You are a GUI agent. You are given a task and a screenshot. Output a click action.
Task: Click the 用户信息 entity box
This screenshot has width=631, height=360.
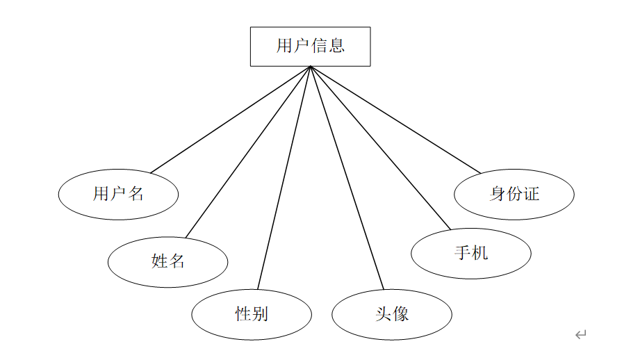(x=310, y=47)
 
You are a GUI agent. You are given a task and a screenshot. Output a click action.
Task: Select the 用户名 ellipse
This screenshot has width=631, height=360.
(x=118, y=195)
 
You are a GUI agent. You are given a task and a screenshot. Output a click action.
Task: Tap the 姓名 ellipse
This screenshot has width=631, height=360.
(x=167, y=262)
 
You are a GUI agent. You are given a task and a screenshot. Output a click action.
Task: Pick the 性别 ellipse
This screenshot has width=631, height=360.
(x=252, y=315)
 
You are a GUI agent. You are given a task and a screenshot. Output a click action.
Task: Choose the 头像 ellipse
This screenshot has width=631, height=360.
(x=392, y=315)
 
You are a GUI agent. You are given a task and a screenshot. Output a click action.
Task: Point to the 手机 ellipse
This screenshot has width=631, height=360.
(x=471, y=254)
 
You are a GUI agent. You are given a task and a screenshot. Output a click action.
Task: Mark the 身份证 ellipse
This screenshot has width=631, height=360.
(x=514, y=195)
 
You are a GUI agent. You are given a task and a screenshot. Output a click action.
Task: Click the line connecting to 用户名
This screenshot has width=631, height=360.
(x=231, y=120)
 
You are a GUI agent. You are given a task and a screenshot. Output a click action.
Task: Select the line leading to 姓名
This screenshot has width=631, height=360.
(x=248, y=152)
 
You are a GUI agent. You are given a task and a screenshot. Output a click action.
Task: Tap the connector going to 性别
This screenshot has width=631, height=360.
(x=284, y=178)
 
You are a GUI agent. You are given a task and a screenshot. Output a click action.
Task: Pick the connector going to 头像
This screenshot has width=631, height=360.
(x=347, y=178)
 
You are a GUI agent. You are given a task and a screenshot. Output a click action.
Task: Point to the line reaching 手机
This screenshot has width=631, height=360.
(x=380, y=148)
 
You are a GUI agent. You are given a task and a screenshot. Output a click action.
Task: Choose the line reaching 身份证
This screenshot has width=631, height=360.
(x=395, y=120)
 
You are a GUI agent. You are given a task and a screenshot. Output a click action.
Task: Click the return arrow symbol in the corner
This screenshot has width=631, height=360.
(x=581, y=334)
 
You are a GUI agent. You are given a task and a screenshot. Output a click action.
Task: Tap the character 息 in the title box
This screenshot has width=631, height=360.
(x=336, y=45)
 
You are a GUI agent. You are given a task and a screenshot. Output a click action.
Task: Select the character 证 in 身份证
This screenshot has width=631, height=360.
(x=532, y=194)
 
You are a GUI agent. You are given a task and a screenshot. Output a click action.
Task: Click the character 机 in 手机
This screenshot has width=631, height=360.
(x=480, y=253)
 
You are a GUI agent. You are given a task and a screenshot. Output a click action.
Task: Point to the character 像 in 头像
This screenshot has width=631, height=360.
(x=401, y=313)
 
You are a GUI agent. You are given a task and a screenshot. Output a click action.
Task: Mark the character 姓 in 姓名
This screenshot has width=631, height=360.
(x=159, y=261)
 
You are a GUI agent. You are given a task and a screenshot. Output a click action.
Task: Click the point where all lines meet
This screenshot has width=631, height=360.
(x=310, y=67)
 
